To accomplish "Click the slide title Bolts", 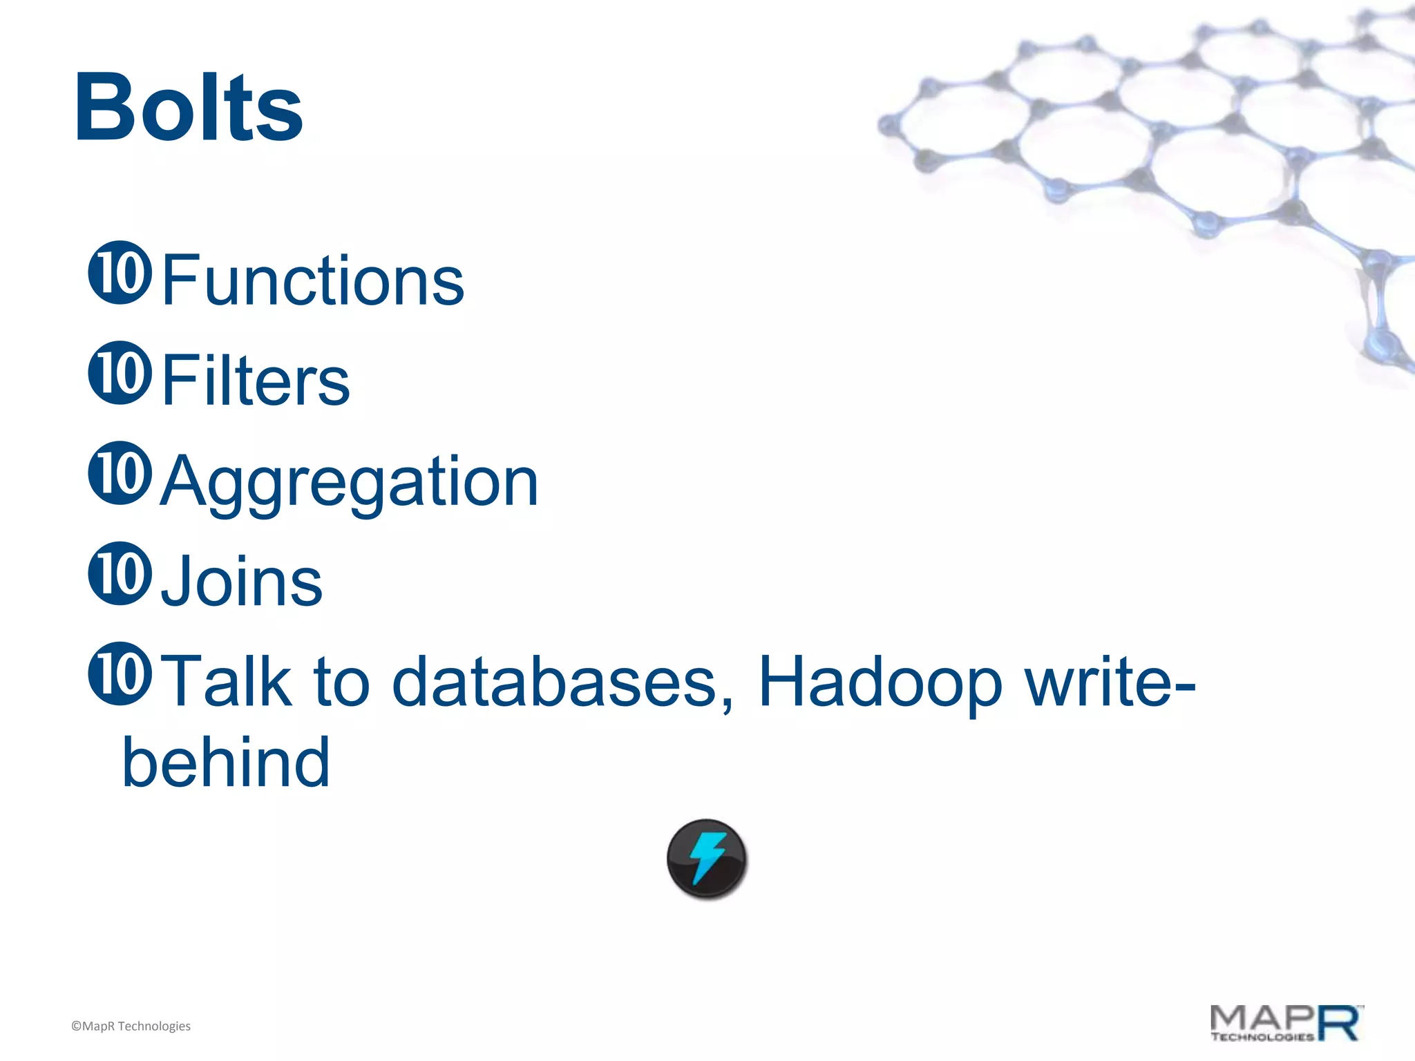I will [x=189, y=108].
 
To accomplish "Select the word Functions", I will [x=313, y=280].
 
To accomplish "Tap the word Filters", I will [x=256, y=380].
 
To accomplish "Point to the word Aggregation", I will [x=349, y=481].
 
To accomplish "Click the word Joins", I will [x=242, y=582].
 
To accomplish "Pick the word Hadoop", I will [x=880, y=682].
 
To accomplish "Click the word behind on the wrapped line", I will [x=226, y=761].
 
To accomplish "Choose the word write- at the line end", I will [x=1110, y=681].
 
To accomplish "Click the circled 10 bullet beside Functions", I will [x=120, y=273].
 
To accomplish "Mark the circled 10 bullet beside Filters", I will [x=120, y=373].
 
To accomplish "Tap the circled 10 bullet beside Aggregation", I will [x=120, y=473].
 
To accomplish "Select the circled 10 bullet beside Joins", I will [x=120, y=573].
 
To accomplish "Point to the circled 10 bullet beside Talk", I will [x=120, y=674].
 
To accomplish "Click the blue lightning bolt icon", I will [x=707, y=859].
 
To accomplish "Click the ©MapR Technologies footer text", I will [x=131, y=1026].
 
